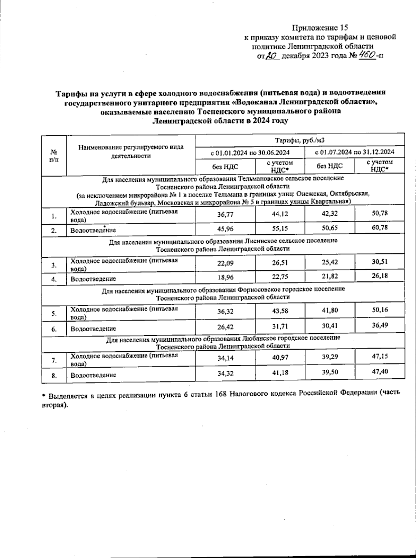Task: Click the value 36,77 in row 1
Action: pos(225,215)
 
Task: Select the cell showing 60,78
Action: pos(380,227)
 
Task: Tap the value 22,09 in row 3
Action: pos(225,263)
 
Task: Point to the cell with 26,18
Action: pos(380,276)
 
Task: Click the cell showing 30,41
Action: pos(330,326)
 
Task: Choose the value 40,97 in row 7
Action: pos(279,358)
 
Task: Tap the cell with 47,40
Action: pos(380,371)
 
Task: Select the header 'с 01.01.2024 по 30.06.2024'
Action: pos(250,152)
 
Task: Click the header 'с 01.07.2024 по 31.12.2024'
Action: pos(354,152)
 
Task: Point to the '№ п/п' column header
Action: pos(54,155)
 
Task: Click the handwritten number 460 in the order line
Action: pos(367,55)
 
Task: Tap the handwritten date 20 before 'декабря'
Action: pos(272,56)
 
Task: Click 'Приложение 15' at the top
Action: pos(320,27)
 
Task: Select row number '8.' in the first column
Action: pos(54,375)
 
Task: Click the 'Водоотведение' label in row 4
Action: pos(93,279)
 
